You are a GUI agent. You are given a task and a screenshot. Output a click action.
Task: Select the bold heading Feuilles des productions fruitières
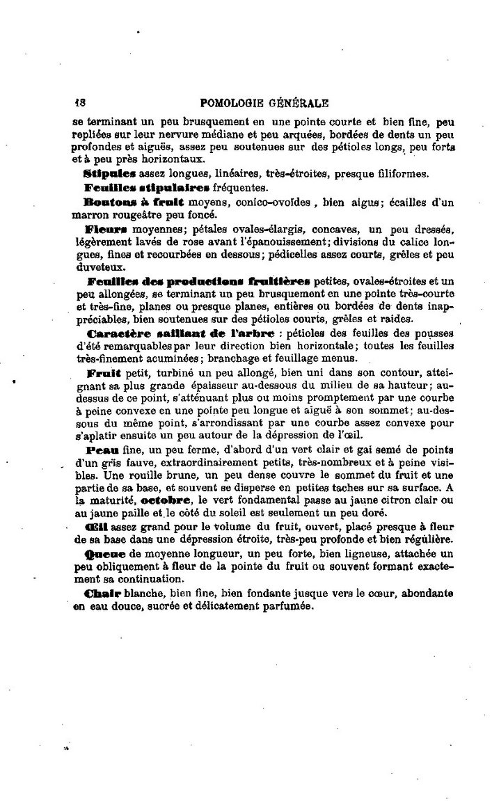pyautogui.click(x=199, y=281)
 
